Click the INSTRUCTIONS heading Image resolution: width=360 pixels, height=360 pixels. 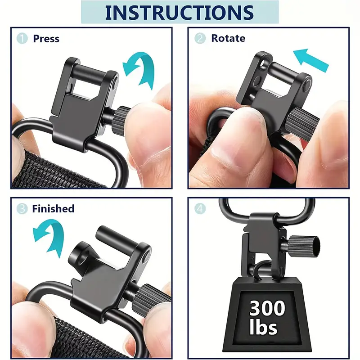[x=179, y=12]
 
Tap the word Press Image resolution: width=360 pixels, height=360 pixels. [x=46, y=39]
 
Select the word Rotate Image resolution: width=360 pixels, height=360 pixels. [x=228, y=38]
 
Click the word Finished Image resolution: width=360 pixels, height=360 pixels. [x=53, y=209]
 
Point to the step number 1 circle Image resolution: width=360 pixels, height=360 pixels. [x=22, y=38]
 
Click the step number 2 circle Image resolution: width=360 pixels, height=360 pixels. [x=200, y=38]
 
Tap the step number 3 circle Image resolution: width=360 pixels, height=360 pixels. [x=22, y=209]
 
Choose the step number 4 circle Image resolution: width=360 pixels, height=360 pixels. [x=200, y=209]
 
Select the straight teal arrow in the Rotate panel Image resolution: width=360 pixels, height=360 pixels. [x=310, y=60]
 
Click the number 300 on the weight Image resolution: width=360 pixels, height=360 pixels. [x=267, y=308]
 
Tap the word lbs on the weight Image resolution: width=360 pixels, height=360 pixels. [x=263, y=326]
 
